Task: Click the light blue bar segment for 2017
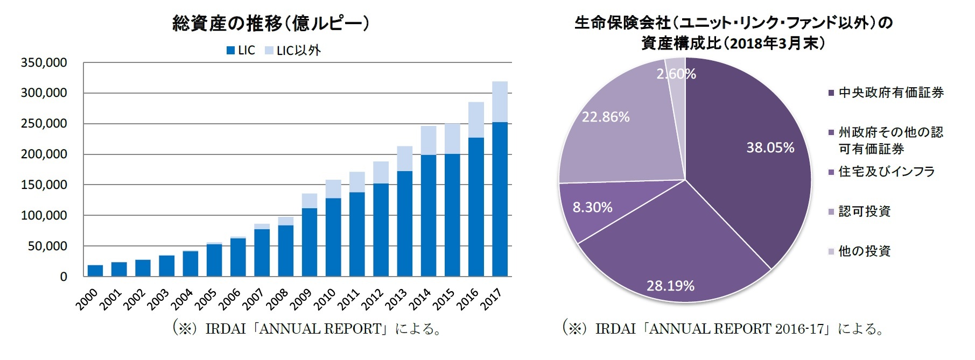click(500, 102)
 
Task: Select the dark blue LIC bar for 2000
click(95, 271)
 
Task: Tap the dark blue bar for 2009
click(309, 242)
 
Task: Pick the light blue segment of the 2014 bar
click(429, 140)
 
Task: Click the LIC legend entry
click(240, 51)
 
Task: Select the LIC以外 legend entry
click(293, 51)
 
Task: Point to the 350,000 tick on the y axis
click(44, 63)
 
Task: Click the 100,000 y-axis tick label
click(44, 216)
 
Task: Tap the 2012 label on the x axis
click(373, 299)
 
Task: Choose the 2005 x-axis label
click(206, 299)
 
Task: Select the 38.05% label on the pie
click(770, 148)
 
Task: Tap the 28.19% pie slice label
click(670, 286)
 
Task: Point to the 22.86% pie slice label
click(606, 117)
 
